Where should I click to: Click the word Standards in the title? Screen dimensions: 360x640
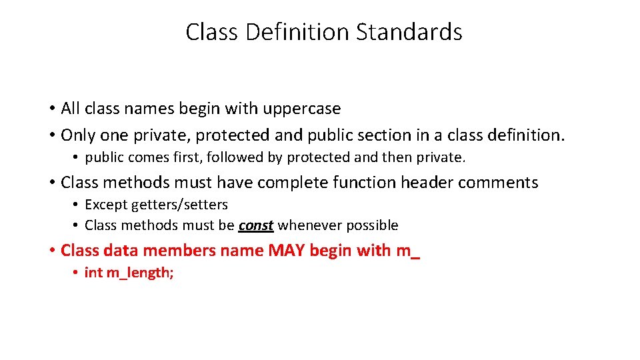[409, 32]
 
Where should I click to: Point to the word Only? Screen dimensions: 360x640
[78, 135]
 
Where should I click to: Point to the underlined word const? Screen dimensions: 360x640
[256, 225]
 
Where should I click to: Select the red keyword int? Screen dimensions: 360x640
[93, 273]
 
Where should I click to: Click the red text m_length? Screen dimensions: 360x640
[139, 273]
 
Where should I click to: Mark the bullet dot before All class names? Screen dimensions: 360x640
[51, 109]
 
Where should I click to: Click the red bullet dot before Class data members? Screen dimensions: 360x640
[51, 251]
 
